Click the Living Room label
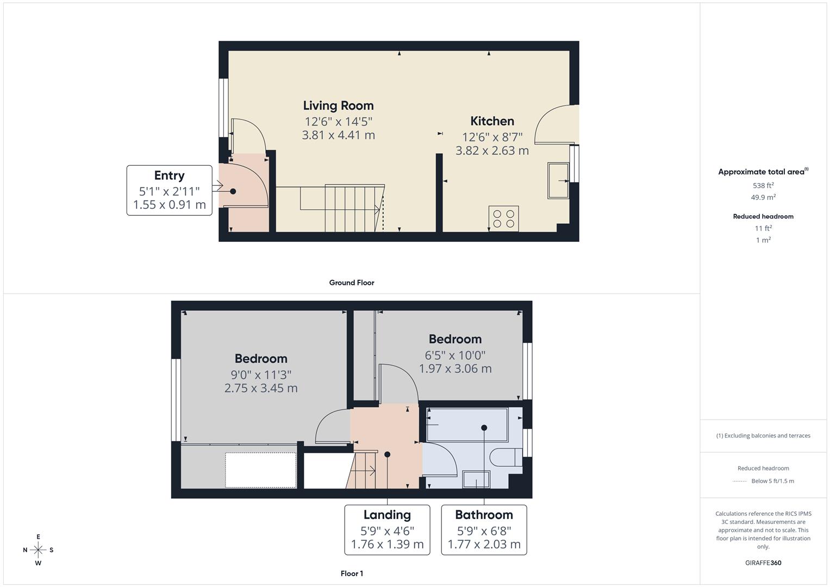[x=338, y=105]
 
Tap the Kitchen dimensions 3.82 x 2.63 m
[x=492, y=151]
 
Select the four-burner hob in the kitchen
[x=503, y=218]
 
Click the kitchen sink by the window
[x=558, y=180]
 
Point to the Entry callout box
[x=169, y=190]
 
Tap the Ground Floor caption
[x=351, y=283]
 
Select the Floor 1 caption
[x=351, y=573]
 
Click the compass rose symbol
[x=38, y=549]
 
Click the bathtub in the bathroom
[x=467, y=424]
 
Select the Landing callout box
[x=387, y=529]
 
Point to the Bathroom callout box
[x=484, y=529]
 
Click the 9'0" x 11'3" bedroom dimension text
[x=261, y=374]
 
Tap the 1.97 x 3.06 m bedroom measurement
[x=455, y=369]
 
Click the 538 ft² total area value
[x=763, y=185]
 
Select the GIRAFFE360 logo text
[x=763, y=563]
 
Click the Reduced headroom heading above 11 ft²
[x=763, y=216]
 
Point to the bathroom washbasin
[x=476, y=480]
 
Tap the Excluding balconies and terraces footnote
[x=763, y=435]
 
